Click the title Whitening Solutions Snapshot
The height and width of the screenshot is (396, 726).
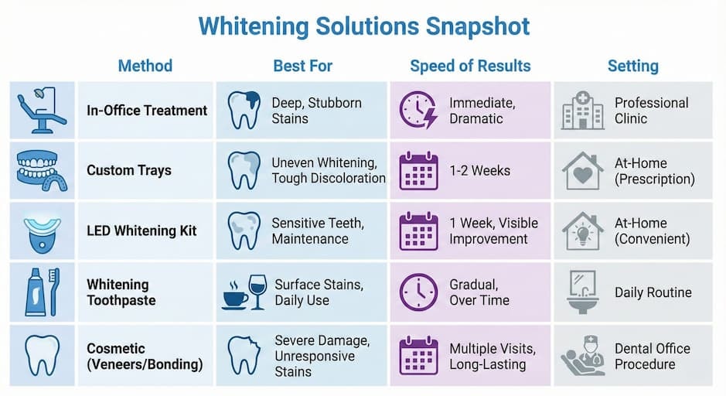363,26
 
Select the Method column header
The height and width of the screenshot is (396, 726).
145,66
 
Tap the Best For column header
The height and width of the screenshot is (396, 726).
302,66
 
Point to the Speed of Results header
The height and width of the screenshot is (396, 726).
470,66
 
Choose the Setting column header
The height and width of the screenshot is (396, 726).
632,66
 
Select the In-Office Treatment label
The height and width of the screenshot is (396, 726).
147,111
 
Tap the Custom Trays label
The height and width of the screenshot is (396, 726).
128,171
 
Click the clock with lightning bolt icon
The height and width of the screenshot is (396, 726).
418,111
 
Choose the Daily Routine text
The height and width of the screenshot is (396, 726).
653,292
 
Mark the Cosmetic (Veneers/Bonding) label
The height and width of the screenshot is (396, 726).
145,356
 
